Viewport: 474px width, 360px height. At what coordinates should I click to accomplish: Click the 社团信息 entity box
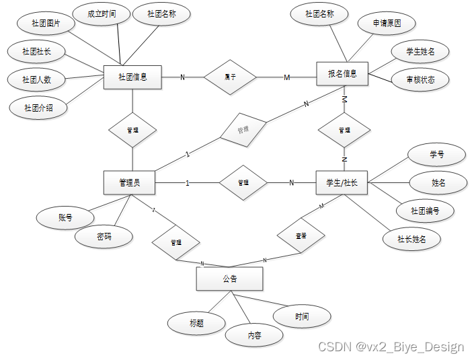click(132, 77)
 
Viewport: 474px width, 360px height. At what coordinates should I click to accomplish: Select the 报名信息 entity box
click(342, 73)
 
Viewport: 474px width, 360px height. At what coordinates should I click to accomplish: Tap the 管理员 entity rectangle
click(130, 182)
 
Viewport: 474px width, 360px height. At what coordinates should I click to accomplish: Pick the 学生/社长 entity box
click(342, 182)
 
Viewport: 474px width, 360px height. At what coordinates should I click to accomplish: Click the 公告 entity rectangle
click(229, 279)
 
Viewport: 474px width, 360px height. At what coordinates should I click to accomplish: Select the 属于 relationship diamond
click(231, 77)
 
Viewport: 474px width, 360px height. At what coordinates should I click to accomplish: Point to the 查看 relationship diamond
click(301, 236)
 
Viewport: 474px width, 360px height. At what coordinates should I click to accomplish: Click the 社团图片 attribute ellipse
click(46, 23)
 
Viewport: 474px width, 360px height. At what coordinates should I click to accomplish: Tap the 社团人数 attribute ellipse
click(38, 79)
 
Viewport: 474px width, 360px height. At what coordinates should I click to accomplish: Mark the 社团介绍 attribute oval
click(39, 107)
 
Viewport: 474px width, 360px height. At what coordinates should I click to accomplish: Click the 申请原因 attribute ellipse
click(387, 24)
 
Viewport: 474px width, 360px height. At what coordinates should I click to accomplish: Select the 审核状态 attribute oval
click(420, 80)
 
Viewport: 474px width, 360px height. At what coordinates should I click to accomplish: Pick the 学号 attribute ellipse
click(437, 154)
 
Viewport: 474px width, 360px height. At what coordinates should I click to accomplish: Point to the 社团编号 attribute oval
click(426, 211)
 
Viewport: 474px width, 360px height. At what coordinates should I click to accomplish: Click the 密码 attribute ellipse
click(104, 236)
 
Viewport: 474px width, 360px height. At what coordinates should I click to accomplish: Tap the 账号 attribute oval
click(65, 217)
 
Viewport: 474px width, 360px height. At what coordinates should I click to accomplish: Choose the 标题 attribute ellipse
click(196, 323)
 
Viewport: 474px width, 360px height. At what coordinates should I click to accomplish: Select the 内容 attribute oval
click(254, 335)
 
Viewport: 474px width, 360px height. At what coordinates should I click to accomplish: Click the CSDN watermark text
click(391, 347)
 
